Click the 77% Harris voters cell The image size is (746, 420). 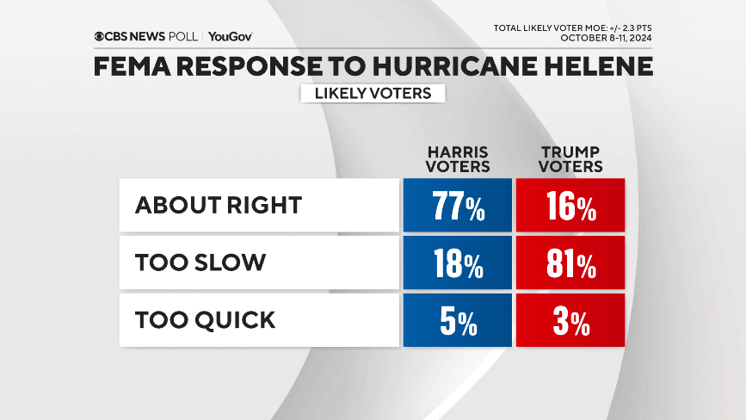tap(457, 207)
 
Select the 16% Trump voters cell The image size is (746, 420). tap(570, 207)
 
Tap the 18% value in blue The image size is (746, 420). tap(457, 264)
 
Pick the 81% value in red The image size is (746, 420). tap(570, 264)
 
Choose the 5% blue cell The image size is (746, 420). tap(457, 322)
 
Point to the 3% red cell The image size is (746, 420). tap(570, 322)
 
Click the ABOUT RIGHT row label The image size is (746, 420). tap(219, 205)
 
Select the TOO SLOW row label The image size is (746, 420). tap(200, 262)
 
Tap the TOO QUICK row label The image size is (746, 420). tap(205, 320)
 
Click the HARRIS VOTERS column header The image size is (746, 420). tap(457, 159)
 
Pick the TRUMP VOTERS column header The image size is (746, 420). tap(570, 159)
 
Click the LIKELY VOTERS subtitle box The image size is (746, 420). tap(373, 93)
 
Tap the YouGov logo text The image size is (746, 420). tap(231, 36)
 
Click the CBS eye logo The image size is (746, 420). tap(100, 36)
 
